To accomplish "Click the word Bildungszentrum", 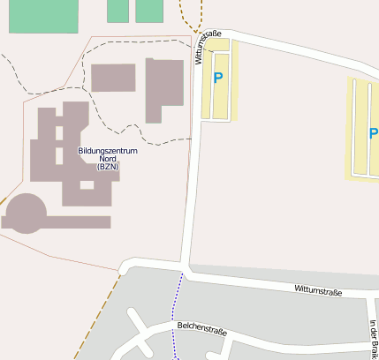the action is click(108, 151).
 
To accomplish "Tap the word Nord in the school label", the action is click(108, 159).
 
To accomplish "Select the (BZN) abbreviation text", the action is click(108, 167).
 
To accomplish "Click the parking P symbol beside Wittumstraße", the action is click(218, 78).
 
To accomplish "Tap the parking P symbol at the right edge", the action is click(373, 134).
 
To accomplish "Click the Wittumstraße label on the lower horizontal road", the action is click(318, 289).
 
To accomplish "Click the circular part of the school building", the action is click(26, 213).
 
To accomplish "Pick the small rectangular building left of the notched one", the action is click(113, 78).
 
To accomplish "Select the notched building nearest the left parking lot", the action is click(164, 88).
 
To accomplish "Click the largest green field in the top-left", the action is click(42, 15).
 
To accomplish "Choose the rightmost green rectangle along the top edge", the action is click(149, 11).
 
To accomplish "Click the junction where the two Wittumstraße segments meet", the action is click(186, 266).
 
